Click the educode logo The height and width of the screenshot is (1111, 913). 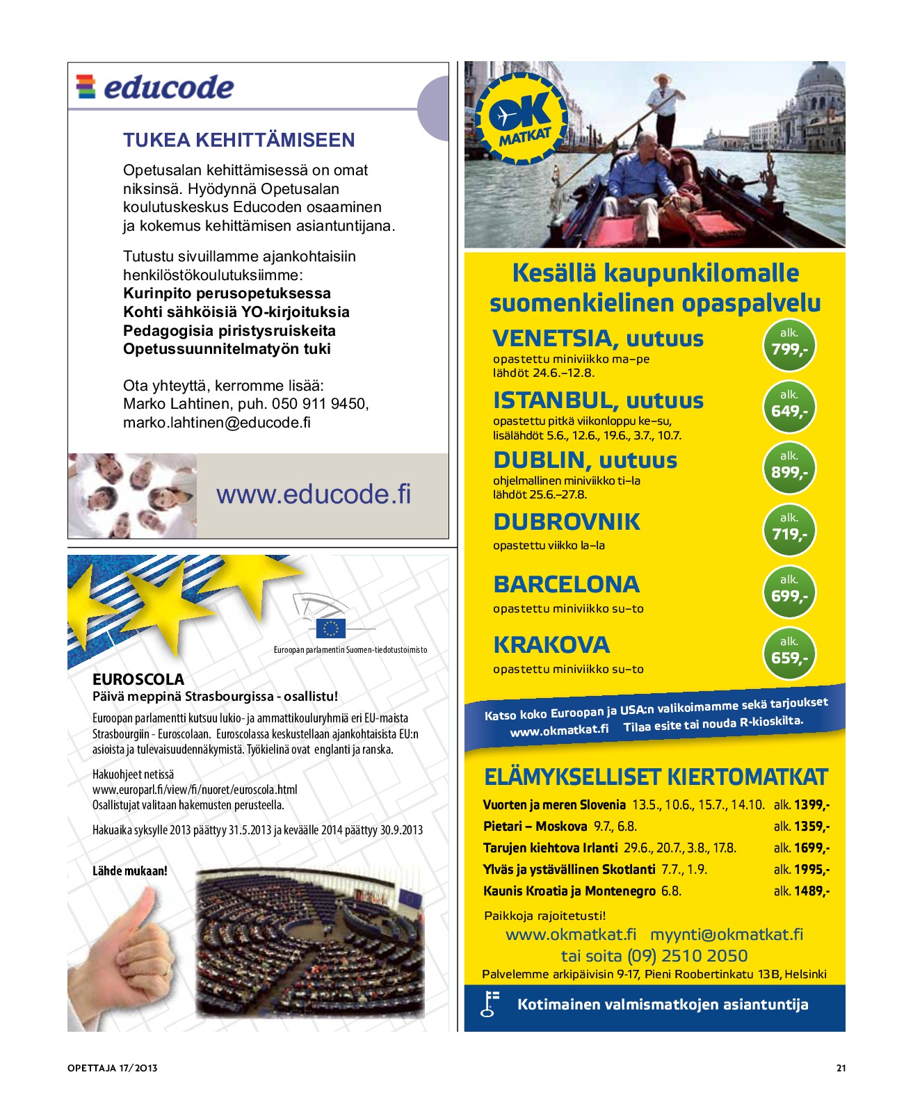pos(154,87)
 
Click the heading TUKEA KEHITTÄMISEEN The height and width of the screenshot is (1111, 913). pos(239,140)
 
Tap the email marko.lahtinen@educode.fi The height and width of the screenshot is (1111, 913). pos(216,423)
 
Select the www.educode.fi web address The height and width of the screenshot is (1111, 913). pos(313,494)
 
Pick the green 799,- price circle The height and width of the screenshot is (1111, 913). pos(789,345)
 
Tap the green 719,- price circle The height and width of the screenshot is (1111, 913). pos(789,530)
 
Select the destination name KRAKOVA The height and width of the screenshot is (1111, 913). pos(551,644)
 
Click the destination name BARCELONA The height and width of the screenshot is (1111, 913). pos(566,584)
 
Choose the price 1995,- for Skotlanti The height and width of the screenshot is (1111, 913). pos(811,870)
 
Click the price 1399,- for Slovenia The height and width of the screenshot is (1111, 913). pos(811,805)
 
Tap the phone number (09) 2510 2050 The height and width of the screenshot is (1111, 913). pos(687,956)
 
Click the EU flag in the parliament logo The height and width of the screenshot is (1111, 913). pos(331,629)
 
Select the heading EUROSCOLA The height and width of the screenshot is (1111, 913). pos(138,679)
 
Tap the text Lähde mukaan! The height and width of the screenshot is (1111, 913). pos(130,870)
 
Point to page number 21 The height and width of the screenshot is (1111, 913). pos(841,1069)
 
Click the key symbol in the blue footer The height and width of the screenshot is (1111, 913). pos(490,1004)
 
